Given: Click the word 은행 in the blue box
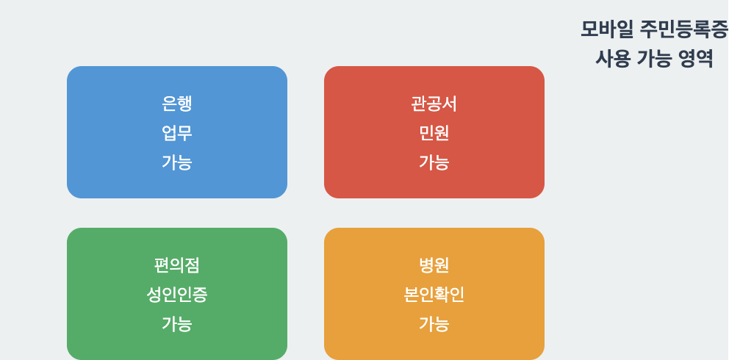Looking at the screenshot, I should (x=177, y=104).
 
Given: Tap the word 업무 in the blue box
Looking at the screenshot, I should (x=177, y=133).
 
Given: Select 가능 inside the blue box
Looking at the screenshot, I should (x=177, y=162).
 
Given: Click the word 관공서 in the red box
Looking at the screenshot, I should (x=434, y=104).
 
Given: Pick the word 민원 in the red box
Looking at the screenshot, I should (x=434, y=133).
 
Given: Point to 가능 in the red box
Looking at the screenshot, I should (x=434, y=162).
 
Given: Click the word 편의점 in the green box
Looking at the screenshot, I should (x=177, y=265).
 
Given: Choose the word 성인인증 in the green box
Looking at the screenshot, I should (x=177, y=295).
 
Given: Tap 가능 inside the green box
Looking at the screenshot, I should (x=177, y=324).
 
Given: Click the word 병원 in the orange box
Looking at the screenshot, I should (x=434, y=265).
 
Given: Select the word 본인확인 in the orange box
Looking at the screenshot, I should (x=434, y=295).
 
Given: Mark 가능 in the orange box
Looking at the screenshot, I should (x=434, y=324).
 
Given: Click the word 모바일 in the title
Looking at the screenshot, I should (x=606, y=29).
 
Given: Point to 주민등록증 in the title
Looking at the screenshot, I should (x=683, y=29).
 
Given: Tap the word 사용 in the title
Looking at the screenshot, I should (x=613, y=59).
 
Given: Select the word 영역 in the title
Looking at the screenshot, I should (x=695, y=59).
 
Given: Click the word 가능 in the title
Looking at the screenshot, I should (x=653, y=59).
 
